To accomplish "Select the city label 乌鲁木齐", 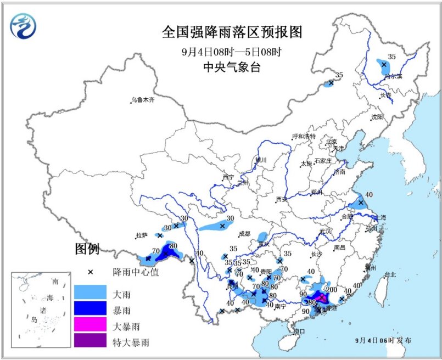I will click(143, 100).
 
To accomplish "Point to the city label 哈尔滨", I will click(393, 76).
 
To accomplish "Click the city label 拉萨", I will click(141, 235).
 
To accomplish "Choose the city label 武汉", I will click(326, 231).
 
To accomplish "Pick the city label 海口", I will click(299, 331).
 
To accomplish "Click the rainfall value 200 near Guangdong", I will click(332, 290).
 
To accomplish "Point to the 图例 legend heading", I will click(87, 250).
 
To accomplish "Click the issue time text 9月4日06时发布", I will click(383, 340).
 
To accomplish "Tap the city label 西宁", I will click(228, 177).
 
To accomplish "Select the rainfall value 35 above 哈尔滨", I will click(391, 56).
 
